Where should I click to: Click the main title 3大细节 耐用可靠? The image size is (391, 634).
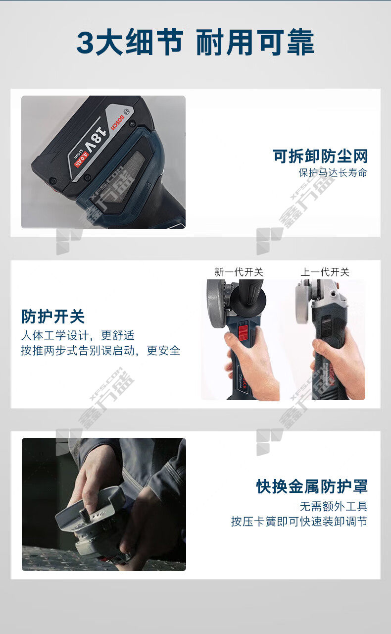(195, 42)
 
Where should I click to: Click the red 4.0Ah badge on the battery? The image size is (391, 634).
(82, 161)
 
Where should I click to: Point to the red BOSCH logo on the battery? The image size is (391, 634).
(117, 122)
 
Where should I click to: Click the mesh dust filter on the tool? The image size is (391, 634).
(122, 178)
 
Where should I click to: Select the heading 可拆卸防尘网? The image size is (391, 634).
(320, 156)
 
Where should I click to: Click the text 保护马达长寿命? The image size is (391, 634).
(333, 173)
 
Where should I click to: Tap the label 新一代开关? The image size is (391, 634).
(239, 272)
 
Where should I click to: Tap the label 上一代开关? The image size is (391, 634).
(325, 272)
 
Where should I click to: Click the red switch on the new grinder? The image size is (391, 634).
(243, 332)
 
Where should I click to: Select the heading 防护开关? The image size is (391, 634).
(53, 317)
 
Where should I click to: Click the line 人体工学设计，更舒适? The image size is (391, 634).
(78, 336)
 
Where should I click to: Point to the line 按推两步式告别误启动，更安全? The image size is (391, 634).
(100, 351)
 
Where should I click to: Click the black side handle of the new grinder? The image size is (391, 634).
(248, 296)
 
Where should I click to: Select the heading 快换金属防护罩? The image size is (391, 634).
(312, 486)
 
